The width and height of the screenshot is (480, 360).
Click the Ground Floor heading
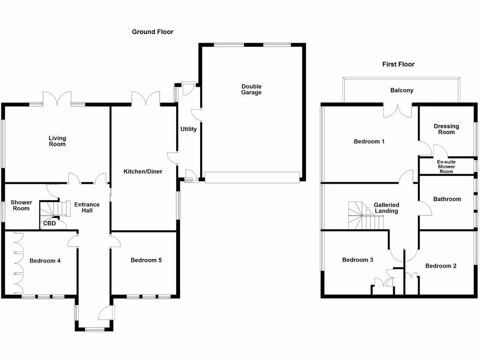tap(152, 32)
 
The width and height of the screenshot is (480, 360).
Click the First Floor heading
tap(398, 64)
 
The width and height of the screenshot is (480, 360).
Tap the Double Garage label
tap(252, 90)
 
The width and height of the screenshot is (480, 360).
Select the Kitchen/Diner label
tap(143, 172)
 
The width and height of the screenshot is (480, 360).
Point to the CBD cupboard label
tap(49, 224)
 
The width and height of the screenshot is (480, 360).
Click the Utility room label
tap(188, 129)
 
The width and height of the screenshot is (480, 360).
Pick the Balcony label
tap(402, 90)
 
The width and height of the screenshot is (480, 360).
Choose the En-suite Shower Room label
tap(446, 166)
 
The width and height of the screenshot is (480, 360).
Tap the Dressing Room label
tap(446, 129)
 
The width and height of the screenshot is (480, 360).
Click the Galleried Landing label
tap(386, 208)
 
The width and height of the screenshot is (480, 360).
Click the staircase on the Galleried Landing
tap(363, 216)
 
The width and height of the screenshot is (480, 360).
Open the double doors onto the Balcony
tap(398, 111)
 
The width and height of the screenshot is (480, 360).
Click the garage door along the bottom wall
tap(252, 177)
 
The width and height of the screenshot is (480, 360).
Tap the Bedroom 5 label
tap(146, 260)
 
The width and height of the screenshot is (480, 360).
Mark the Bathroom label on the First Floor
tap(447, 199)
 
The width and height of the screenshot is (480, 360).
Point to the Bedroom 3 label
tap(358, 260)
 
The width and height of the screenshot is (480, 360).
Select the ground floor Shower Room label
tap(21, 205)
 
